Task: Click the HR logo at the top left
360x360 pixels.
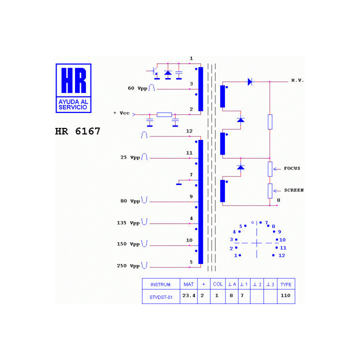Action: [x=73, y=88]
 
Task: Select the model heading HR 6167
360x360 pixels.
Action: [x=77, y=131]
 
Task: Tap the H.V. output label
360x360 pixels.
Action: [x=297, y=80]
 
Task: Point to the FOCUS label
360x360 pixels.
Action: [x=292, y=168]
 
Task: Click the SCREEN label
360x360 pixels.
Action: [x=294, y=190]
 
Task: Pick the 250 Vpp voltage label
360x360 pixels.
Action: [x=128, y=266]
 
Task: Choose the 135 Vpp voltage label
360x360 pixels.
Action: [x=128, y=223]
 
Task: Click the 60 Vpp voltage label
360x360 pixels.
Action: [x=137, y=88]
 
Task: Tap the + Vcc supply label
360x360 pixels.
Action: [x=121, y=113]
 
